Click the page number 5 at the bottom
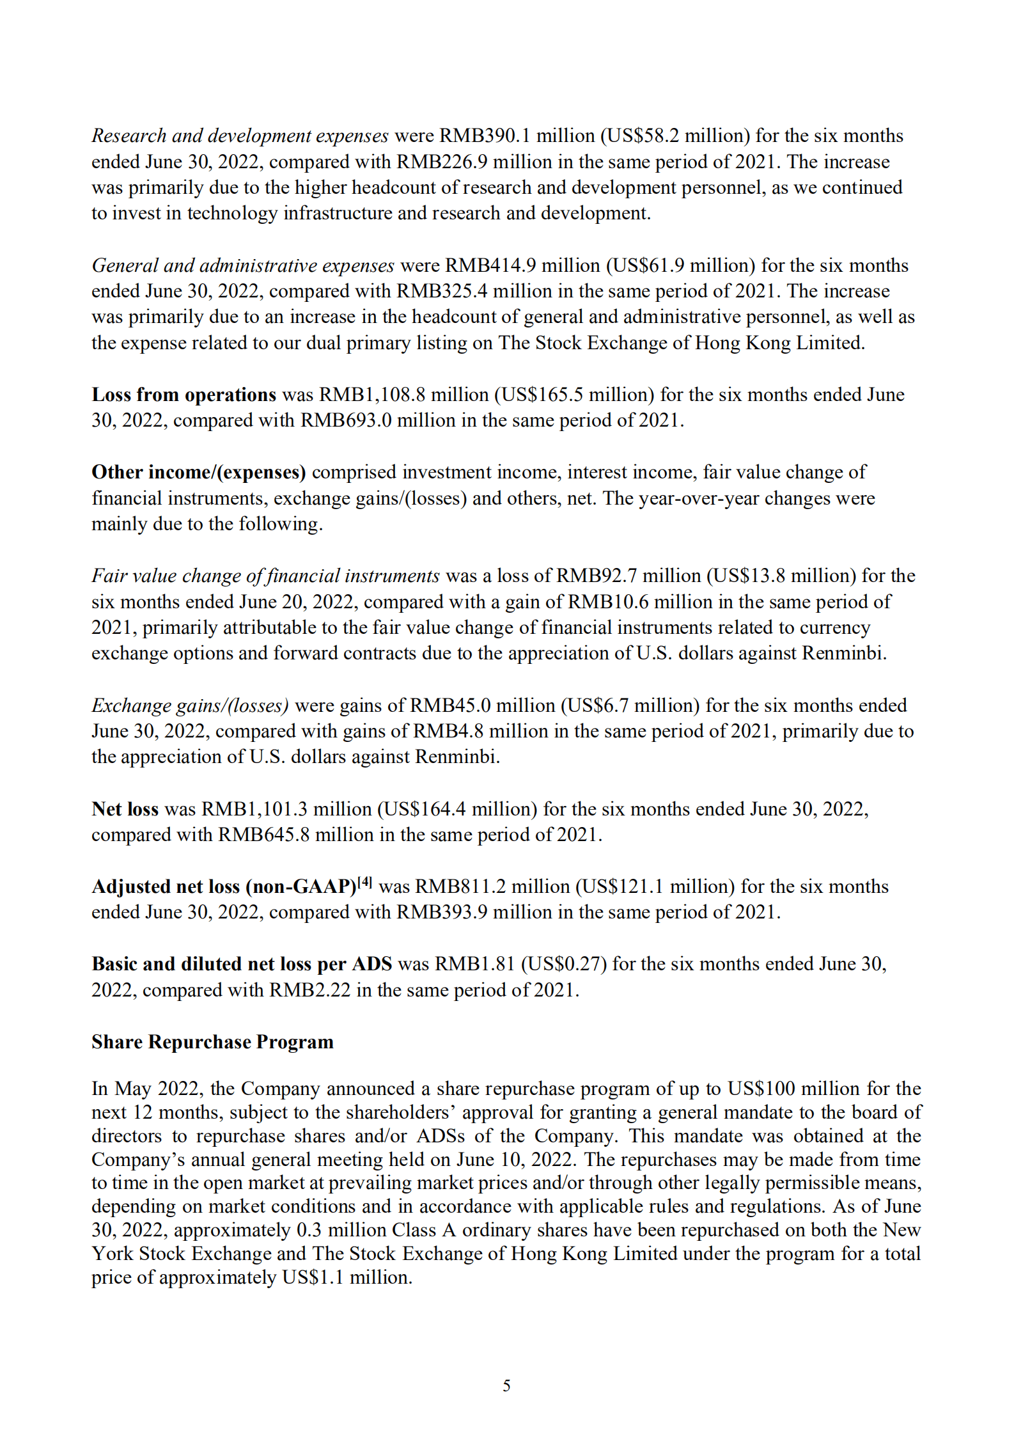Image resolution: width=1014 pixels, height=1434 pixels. pos(506,1385)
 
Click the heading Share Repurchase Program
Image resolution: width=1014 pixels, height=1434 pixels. pos(212,1042)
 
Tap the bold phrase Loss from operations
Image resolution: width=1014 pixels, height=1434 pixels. pos(183,395)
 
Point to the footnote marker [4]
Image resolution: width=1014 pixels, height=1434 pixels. pos(364,883)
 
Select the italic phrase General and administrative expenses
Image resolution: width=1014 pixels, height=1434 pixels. pos(243,265)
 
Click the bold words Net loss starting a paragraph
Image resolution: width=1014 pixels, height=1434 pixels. pos(125,809)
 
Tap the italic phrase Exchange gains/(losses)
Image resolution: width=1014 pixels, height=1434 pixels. pos(190,705)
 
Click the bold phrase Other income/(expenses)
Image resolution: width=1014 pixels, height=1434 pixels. pos(198,472)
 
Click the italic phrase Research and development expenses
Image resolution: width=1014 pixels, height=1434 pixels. pos(240,136)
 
